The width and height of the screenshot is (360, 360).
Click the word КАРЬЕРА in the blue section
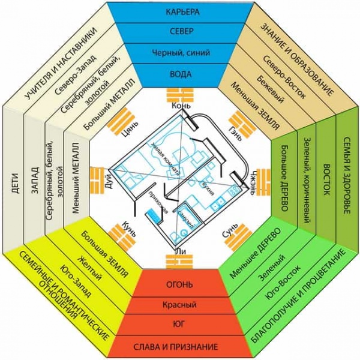tap(181, 12)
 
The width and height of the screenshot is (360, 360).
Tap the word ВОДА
tap(181, 76)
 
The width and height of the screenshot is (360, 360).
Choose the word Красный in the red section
tap(181, 305)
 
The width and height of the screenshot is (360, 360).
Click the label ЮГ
tap(181, 326)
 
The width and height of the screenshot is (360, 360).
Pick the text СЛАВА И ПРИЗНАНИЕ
tap(181, 347)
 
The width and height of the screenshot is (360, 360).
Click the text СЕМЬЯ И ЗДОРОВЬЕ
tap(347, 180)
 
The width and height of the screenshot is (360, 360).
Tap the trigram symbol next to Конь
tap(181, 96)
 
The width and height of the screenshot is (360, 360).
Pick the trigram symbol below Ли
tap(180, 263)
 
